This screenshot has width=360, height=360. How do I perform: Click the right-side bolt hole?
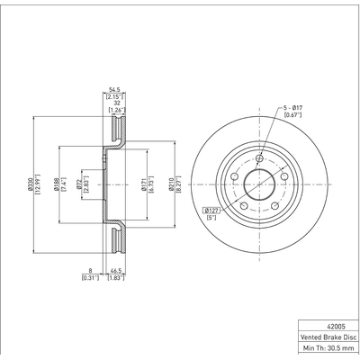(281, 175)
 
